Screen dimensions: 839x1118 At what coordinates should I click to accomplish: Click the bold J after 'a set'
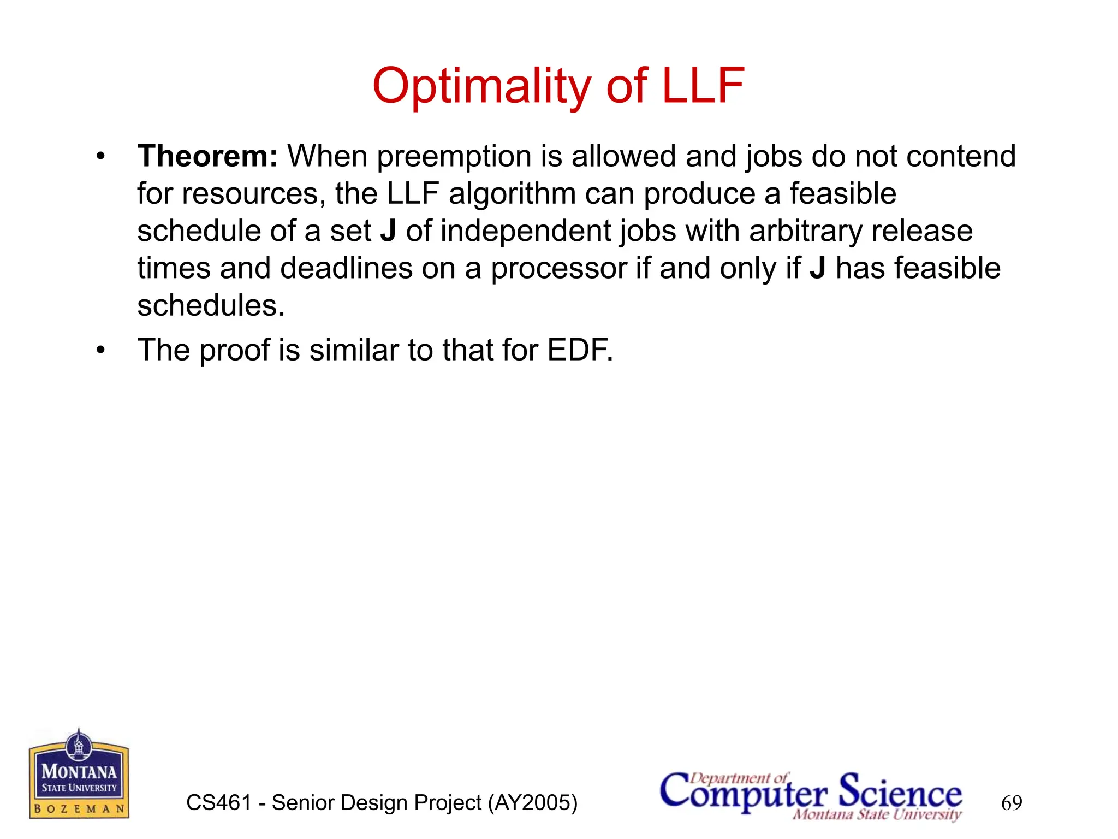[388, 231]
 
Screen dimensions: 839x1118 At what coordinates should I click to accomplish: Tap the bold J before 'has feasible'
[817, 269]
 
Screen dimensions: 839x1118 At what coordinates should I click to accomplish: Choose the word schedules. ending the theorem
[211, 305]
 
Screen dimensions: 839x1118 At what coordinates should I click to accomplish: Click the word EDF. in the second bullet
[580, 350]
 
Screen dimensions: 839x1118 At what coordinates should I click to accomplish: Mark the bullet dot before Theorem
[100, 157]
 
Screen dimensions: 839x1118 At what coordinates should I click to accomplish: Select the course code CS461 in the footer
[219, 803]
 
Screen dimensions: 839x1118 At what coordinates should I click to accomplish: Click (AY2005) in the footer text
[532, 803]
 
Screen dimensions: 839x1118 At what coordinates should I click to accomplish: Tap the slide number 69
[1011, 803]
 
